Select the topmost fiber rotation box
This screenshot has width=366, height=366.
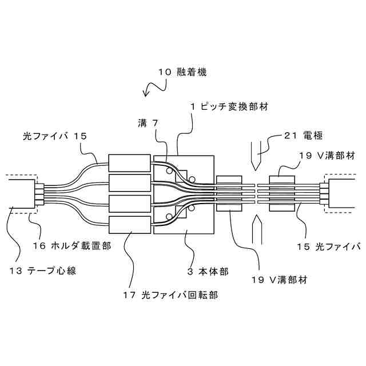(129, 162)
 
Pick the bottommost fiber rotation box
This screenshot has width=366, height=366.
(129, 225)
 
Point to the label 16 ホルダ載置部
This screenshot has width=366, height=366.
(71, 246)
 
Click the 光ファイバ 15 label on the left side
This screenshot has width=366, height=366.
(54, 136)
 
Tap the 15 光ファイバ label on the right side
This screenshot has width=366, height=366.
(329, 246)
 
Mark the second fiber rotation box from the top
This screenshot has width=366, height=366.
(129, 183)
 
